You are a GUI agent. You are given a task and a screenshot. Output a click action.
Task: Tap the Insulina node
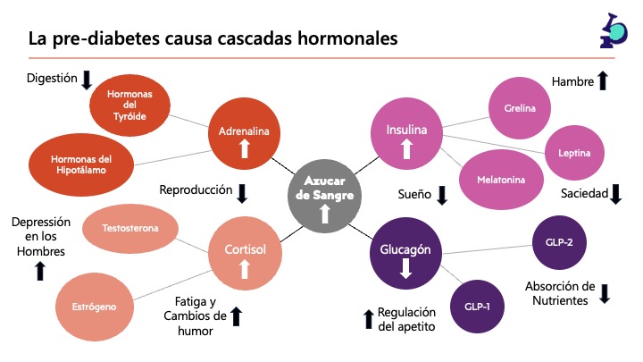[406, 134]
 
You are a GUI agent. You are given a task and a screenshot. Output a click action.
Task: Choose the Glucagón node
[406, 254]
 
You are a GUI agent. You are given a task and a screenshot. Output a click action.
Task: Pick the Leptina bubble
[573, 152]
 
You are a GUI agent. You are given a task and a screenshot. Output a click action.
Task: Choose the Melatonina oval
[501, 180]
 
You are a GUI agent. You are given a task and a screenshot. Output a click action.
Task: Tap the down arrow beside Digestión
[87, 80]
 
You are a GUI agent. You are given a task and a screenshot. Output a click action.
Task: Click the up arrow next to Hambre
[602, 81]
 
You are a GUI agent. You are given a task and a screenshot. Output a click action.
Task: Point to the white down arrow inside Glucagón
[406, 267]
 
